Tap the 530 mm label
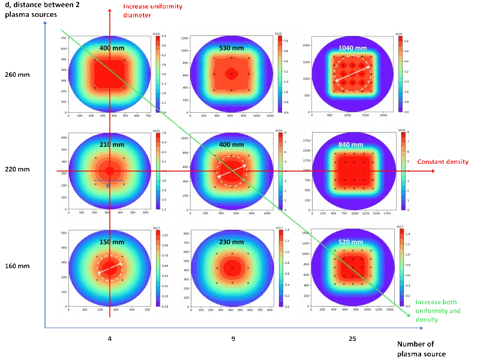231,47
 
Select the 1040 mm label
352,48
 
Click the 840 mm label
352,145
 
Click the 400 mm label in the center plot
231,145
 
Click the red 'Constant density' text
434,161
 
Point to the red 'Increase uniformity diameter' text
152,10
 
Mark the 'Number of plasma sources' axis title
423,348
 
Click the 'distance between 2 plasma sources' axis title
42,10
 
